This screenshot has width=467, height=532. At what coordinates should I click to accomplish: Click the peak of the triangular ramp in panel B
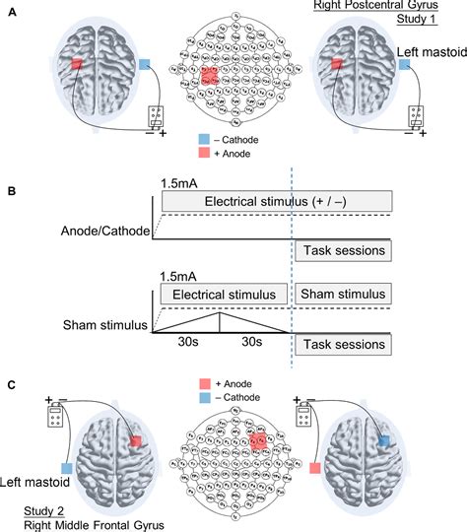[220, 313]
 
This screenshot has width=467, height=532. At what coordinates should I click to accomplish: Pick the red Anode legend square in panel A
[206, 154]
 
